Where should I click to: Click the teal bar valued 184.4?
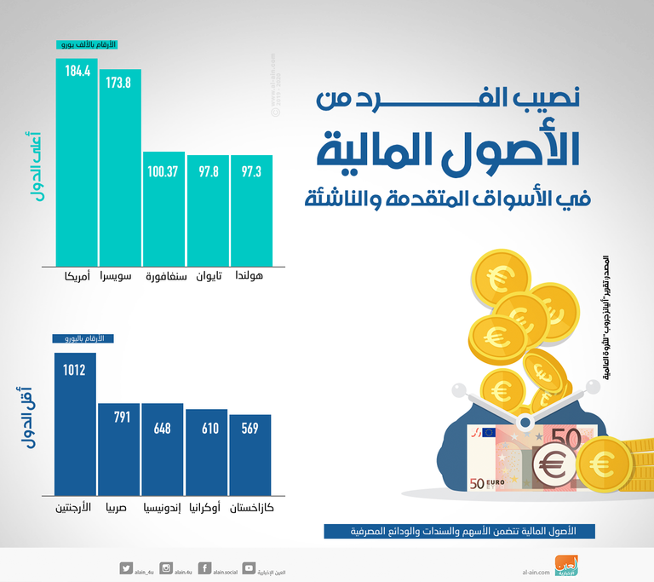pyautogui.click(x=77, y=162)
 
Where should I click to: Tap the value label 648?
pyautogui.click(x=162, y=427)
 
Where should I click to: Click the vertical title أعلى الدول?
pyautogui.click(x=33, y=165)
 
